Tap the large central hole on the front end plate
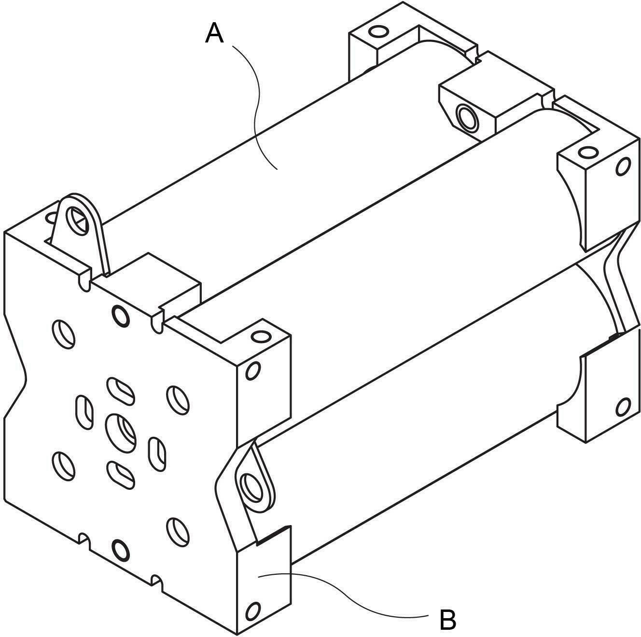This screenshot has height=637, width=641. tap(121, 433)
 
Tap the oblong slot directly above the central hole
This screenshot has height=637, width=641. tap(121, 391)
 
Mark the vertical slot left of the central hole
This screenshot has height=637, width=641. tap(85, 412)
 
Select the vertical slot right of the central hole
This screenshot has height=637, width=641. tap(157, 454)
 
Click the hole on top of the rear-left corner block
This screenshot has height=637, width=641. tap(379, 32)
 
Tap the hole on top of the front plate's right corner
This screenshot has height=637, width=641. tap(261, 336)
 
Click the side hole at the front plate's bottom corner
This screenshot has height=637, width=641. tap(253, 609)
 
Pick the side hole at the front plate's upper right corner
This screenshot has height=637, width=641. tap(253, 371)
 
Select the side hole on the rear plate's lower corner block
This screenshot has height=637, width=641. tap(623, 407)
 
